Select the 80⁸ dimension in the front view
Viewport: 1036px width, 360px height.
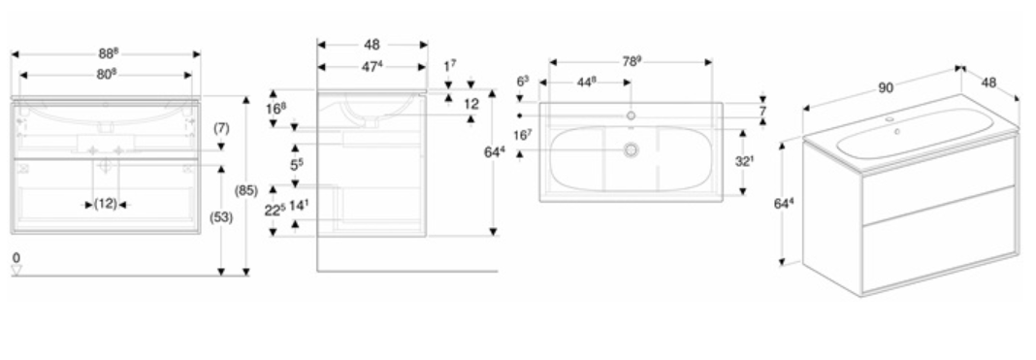(106, 74)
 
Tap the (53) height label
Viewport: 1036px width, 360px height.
(220, 216)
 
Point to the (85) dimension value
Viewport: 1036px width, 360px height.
(245, 191)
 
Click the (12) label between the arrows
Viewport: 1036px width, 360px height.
(105, 204)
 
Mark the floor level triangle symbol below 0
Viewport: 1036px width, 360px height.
(16, 270)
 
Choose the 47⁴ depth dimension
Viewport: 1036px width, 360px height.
(372, 66)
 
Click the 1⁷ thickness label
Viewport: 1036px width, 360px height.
(449, 66)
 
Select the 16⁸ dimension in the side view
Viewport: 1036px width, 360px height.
(275, 108)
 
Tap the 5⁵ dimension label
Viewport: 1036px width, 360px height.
(296, 164)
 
